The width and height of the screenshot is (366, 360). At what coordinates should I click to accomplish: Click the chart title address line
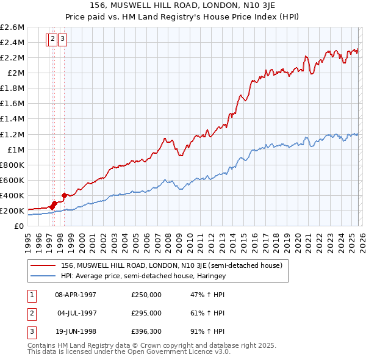coord(182,5)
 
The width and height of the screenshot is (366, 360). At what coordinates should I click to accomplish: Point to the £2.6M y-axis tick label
coord(12,27)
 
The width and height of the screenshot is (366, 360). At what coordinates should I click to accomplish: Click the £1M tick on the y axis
coord(16,149)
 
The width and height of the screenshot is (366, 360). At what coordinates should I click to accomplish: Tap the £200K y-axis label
coord(12,211)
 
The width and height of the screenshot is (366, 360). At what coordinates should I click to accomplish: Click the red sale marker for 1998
coord(64,195)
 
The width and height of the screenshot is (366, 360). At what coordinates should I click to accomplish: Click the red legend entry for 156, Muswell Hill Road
coord(171,265)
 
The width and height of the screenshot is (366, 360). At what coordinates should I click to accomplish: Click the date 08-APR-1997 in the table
coord(76,294)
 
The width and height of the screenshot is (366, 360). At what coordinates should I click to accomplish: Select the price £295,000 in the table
coord(146,313)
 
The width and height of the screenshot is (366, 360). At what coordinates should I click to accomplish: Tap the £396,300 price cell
coord(146,332)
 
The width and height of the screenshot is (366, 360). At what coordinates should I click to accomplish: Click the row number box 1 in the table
coord(30,294)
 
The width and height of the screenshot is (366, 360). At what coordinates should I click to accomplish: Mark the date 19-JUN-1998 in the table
coord(76,332)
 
